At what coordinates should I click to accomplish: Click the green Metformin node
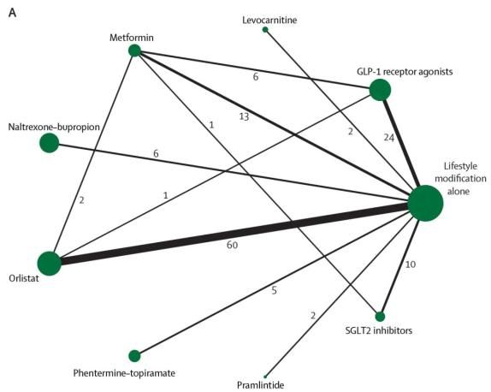134,50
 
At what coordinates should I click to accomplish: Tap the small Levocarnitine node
265,29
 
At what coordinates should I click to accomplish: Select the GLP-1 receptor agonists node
380,90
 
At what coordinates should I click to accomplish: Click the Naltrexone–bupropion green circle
50,143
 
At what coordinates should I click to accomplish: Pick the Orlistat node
49,264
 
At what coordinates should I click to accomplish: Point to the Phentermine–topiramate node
134,356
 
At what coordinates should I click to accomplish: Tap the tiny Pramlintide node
265,377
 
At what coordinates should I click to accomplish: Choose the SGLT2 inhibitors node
380,317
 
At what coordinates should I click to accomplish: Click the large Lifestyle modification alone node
425,203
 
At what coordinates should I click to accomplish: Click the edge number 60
233,245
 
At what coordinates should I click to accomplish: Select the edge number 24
389,138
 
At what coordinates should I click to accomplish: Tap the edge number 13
245,117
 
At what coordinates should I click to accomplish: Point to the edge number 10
411,264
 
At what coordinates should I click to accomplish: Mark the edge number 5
275,290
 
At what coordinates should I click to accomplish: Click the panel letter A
13,13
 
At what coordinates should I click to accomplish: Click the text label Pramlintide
261,385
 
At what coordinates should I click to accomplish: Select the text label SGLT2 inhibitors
379,330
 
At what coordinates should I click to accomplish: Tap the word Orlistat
24,278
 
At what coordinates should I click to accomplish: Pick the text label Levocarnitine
269,20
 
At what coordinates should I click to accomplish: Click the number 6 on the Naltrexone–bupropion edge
156,154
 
